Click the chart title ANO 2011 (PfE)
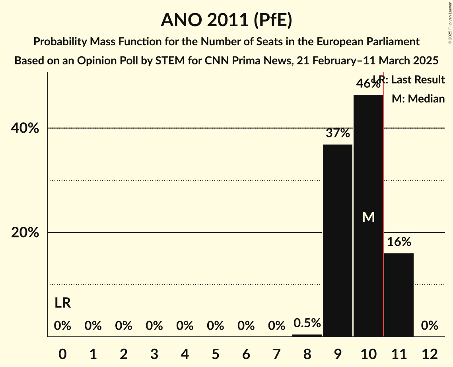226,20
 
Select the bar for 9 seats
337,240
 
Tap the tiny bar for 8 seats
307,335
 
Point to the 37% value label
337,133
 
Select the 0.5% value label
307,323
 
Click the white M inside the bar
368,217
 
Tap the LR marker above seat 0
62,303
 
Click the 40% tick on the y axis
25,128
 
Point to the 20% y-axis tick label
25,233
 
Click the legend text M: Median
418,99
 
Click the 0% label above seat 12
430,326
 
